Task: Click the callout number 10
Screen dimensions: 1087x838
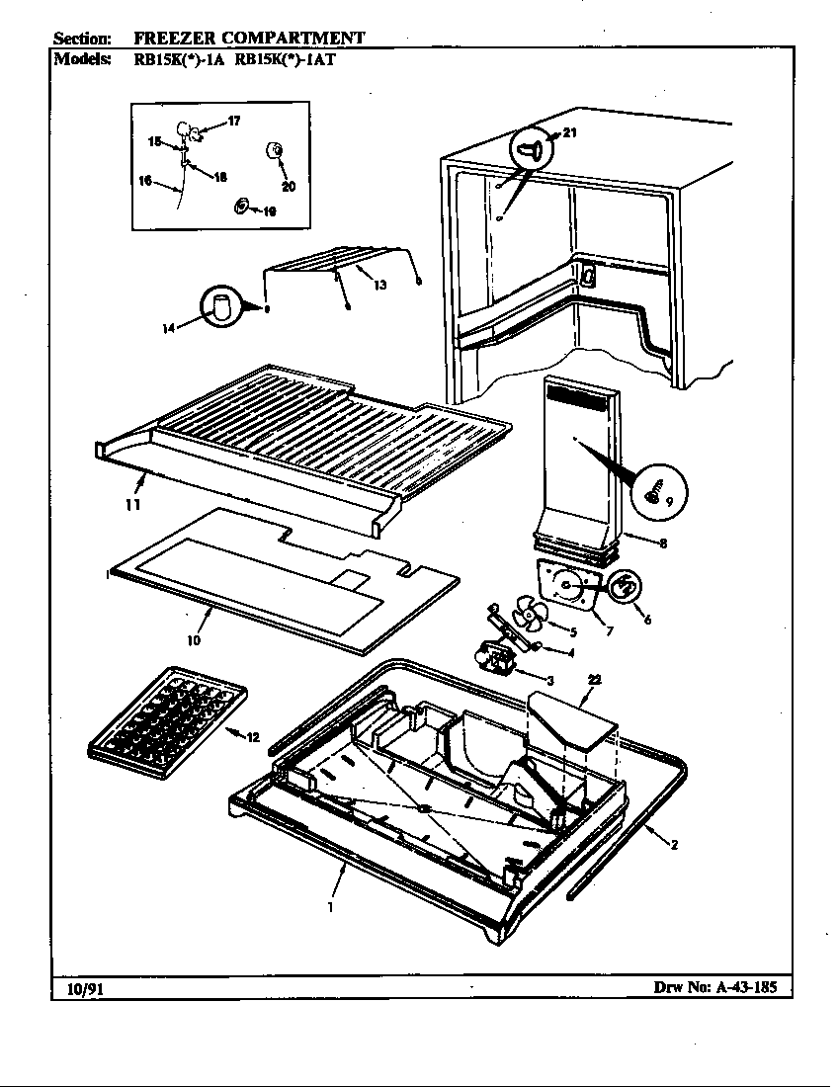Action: pyautogui.click(x=193, y=640)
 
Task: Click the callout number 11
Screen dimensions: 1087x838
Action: pyautogui.click(x=131, y=505)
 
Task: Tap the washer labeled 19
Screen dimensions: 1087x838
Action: pyautogui.click(x=240, y=206)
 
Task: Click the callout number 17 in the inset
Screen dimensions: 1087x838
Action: pyautogui.click(x=233, y=122)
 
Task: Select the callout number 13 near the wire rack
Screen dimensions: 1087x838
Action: pyautogui.click(x=378, y=285)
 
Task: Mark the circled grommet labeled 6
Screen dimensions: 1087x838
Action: pyautogui.click(x=625, y=588)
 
